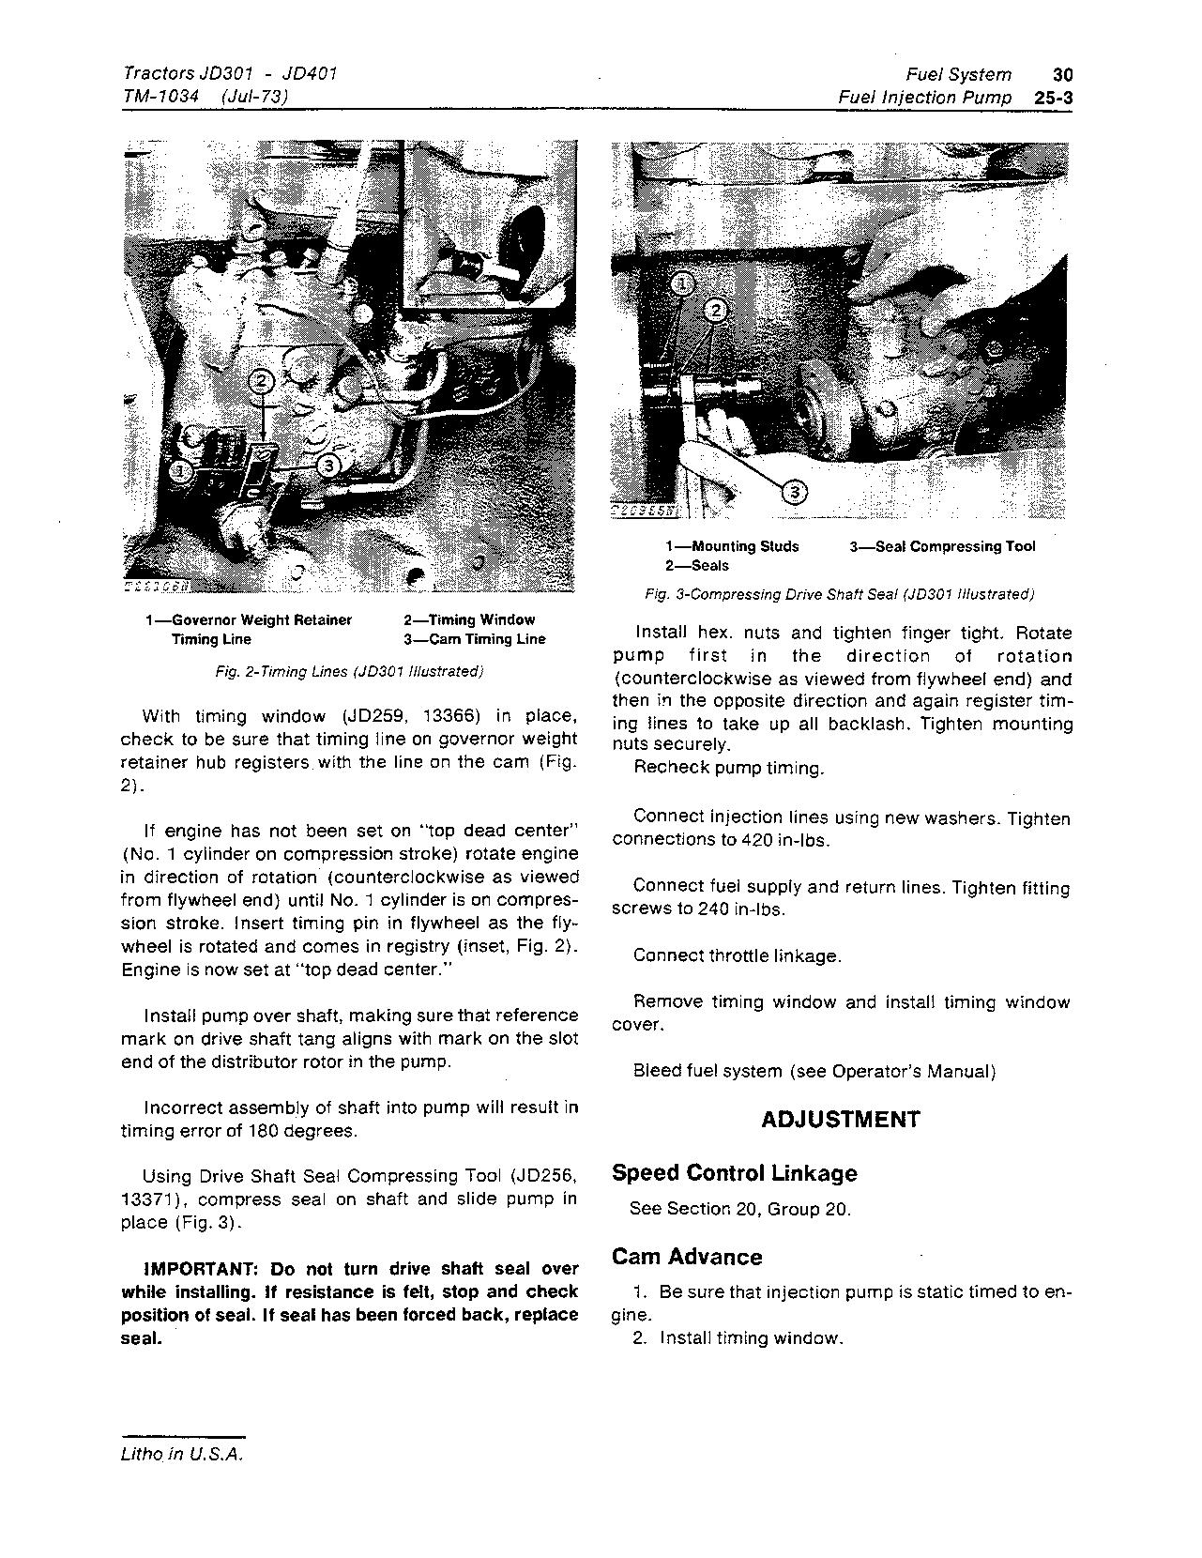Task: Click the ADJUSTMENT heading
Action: (x=840, y=1120)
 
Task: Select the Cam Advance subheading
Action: (x=687, y=1257)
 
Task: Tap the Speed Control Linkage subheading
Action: (x=734, y=1173)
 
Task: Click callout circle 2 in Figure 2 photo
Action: (x=262, y=381)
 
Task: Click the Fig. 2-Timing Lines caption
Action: (x=349, y=672)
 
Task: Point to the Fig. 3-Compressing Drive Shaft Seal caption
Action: (x=839, y=595)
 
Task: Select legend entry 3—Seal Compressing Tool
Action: (x=942, y=547)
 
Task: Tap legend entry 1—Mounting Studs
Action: (x=732, y=547)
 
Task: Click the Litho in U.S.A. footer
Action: (x=182, y=1455)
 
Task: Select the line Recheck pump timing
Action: (x=728, y=768)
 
